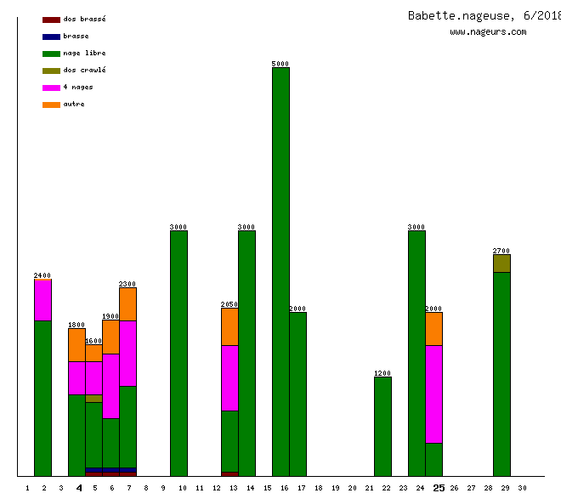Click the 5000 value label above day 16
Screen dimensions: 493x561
tap(280, 64)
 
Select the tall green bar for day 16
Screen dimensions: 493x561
tap(280, 272)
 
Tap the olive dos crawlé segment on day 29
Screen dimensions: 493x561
tap(501, 263)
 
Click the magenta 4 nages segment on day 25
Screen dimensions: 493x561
tap(433, 394)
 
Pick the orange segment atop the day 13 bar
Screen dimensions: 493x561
tap(229, 326)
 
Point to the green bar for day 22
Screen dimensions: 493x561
tap(382, 426)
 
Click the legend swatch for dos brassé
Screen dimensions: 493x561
tap(51, 20)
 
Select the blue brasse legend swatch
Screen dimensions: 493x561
tap(51, 37)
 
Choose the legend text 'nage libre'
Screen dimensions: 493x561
tap(84, 54)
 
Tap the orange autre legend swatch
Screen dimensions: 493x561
tap(51, 105)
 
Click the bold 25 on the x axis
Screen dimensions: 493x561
tap(439, 488)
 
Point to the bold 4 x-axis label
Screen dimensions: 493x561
tap(79, 488)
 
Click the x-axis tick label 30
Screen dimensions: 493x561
tap(522, 488)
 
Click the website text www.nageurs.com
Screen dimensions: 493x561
tap(488, 32)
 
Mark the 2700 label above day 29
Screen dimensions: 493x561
tap(501, 251)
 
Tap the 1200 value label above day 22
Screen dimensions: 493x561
tap(382, 373)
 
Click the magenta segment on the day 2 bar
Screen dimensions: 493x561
tap(42, 300)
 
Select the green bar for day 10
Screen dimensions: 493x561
tap(178, 353)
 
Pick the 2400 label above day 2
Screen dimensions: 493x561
tap(42, 275)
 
